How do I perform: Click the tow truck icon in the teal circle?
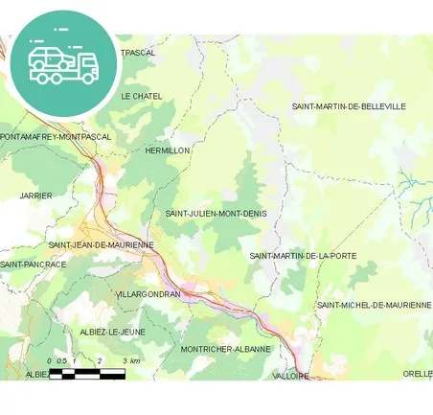click(63, 62)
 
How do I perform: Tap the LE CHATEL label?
click(141, 97)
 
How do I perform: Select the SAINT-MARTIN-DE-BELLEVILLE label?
click(349, 106)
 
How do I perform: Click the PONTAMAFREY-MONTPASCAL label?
click(56, 137)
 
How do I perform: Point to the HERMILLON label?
click(167, 151)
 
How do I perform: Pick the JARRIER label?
click(35, 196)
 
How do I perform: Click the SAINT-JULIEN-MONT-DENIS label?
click(216, 213)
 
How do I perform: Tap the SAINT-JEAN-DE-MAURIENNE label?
click(101, 245)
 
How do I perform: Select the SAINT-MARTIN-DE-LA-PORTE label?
click(303, 256)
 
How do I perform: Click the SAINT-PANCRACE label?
click(34, 264)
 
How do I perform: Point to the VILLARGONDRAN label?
click(147, 294)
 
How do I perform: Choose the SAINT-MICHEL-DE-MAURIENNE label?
click(374, 305)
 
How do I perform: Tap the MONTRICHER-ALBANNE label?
click(226, 349)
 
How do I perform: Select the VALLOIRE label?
click(291, 377)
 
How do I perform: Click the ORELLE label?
click(417, 374)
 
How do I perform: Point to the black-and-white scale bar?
click(86, 373)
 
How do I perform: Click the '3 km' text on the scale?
click(131, 361)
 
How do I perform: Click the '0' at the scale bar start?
click(49, 361)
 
